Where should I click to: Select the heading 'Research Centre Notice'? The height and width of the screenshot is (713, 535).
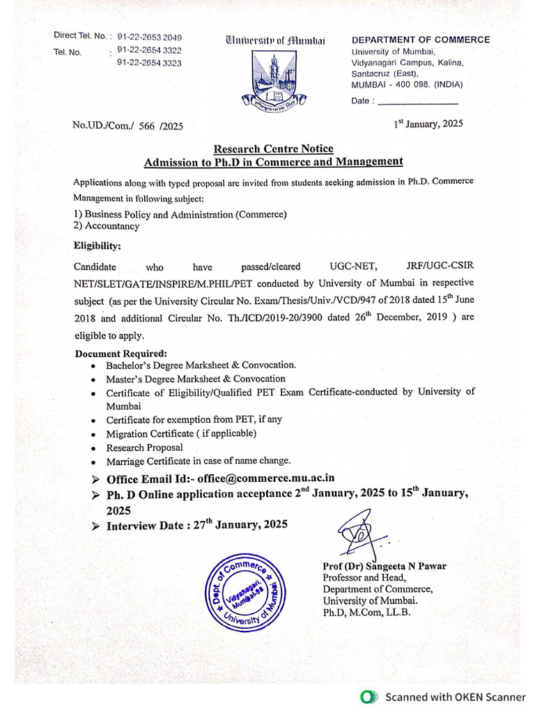click(x=273, y=148)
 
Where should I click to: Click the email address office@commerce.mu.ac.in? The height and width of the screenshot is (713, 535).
click(x=266, y=478)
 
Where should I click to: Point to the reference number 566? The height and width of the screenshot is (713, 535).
click(x=146, y=126)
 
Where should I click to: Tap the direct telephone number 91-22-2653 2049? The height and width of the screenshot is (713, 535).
click(x=150, y=36)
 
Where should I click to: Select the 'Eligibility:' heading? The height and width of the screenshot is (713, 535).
click(x=98, y=246)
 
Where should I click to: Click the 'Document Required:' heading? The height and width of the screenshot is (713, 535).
click(x=121, y=354)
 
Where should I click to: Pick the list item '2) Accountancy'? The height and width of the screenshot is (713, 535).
click(x=107, y=226)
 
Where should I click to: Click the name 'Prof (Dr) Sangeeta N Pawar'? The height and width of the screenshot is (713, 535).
click(x=385, y=566)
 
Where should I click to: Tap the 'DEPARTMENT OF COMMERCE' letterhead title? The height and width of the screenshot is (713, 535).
click(x=421, y=40)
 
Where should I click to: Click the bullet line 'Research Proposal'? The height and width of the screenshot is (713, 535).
click(x=144, y=448)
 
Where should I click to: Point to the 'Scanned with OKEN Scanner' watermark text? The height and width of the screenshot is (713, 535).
click(x=456, y=696)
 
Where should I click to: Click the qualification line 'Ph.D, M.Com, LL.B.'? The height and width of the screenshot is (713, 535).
click(x=366, y=612)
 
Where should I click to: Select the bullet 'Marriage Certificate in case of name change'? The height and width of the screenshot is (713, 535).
click(x=198, y=461)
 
